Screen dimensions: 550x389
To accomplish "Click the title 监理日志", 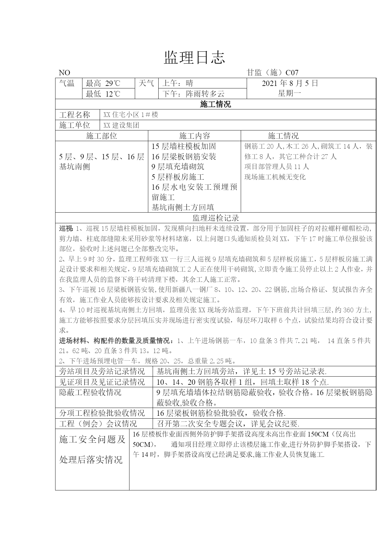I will tap(194, 58).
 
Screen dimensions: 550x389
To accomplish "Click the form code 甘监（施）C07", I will tap(272, 73).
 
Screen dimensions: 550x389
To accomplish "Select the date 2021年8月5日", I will tap(290, 83).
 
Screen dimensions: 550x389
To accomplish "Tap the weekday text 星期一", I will tap(289, 93).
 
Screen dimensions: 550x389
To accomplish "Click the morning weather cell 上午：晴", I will tap(177, 83).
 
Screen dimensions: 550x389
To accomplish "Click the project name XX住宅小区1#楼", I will tap(131, 115).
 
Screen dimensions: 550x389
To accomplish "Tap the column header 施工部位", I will tap(101, 136).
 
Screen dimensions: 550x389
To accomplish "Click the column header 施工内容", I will tap(194, 136).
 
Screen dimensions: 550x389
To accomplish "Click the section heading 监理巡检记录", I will tap(216, 218).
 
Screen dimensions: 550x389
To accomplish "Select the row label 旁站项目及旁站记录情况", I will tap(102, 372).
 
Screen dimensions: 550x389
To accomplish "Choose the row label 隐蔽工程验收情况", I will tap(90, 392).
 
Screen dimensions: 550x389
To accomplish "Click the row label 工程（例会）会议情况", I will tap(98, 424).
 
